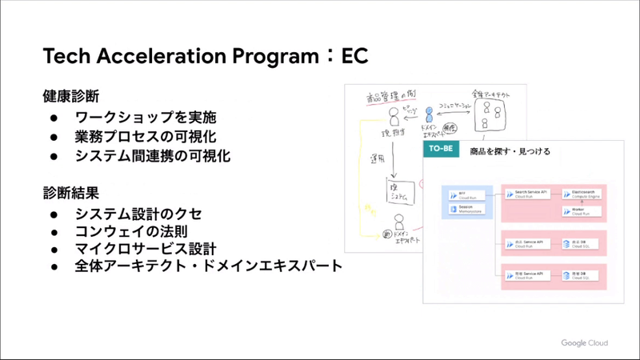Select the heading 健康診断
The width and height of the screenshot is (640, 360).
70,96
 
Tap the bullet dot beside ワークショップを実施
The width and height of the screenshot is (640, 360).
54,118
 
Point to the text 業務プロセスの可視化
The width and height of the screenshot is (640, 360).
145,137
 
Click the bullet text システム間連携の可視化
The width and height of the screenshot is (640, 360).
152,156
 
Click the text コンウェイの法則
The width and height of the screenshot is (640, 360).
131,232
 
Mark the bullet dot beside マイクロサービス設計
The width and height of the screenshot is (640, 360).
54,250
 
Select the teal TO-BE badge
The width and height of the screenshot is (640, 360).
440,150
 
